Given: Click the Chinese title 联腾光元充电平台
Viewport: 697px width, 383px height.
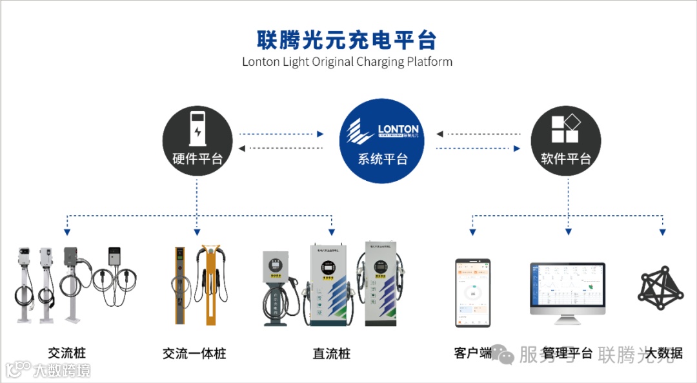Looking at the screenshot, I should tap(347, 39).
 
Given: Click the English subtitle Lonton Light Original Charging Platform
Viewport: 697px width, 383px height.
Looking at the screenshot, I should tap(347, 62).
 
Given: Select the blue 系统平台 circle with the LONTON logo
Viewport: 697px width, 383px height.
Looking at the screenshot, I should tap(382, 141).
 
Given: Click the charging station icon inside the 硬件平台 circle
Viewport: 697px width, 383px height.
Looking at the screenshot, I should tap(197, 129).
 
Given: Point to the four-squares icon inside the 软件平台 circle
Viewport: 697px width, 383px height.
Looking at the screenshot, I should tap(566, 129).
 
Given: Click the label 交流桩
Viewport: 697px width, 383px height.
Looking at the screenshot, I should tap(66, 353).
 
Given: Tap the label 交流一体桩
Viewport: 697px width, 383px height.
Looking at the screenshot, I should tap(194, 353).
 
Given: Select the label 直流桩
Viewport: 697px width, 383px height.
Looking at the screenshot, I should tap(331, 353).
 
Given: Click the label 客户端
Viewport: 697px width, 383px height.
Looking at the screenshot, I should tap(472, 353).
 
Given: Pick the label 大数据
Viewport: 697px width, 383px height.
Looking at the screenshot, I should tap(664, 353).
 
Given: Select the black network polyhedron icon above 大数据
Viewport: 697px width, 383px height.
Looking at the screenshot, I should tap(661, 287).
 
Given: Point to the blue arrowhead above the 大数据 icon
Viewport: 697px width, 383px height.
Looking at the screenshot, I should tap(662, 231).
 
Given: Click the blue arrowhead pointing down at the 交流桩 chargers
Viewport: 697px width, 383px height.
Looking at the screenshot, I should tap(67, 231).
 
